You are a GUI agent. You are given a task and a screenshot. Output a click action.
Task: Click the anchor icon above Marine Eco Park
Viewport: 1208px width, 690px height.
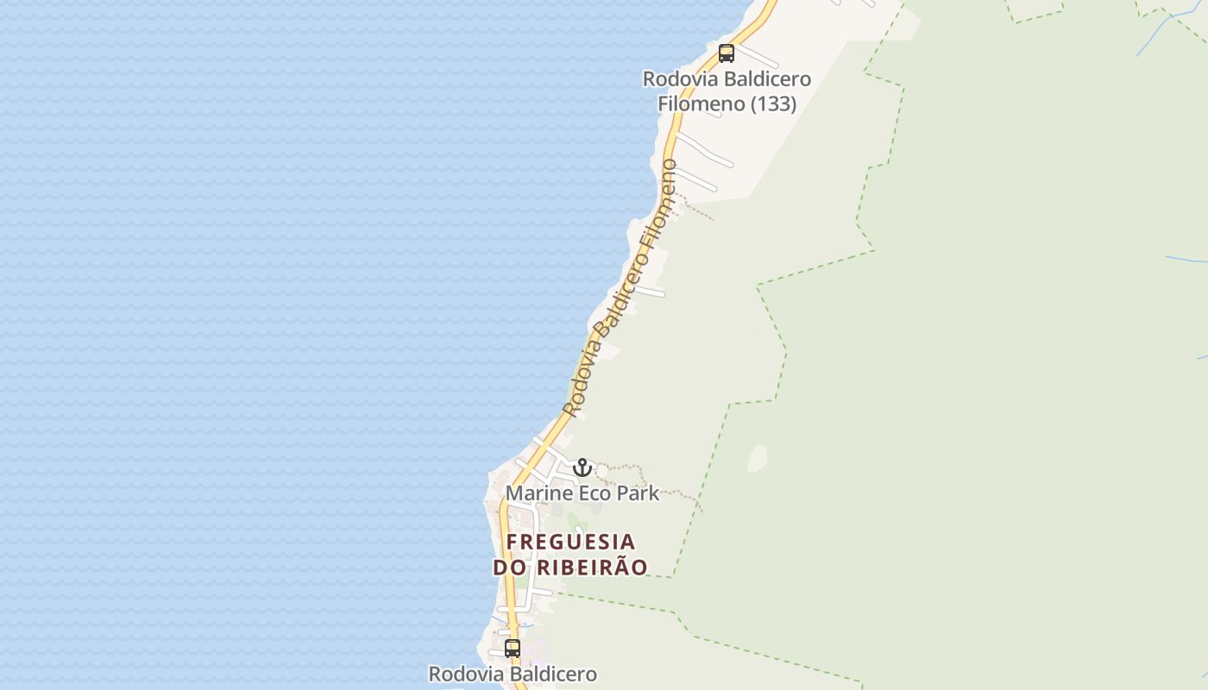click(582, 467)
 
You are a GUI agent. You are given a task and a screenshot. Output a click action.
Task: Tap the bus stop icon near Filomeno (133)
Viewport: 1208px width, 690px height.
click(727, 53)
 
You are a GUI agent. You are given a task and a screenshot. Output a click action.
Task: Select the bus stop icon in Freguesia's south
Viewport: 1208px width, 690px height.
click(513, 649)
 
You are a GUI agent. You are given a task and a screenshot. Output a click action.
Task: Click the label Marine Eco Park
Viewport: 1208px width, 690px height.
click(582, 493)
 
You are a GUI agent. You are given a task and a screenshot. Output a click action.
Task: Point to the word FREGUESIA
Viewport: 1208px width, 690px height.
click(571, 543)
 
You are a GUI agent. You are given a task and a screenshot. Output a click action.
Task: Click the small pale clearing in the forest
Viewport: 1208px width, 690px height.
click(757, 458)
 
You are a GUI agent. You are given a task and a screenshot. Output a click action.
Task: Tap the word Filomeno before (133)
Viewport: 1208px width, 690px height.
click(701, 103)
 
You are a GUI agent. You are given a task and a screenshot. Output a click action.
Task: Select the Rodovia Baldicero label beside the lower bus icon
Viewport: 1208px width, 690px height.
click(513, 674)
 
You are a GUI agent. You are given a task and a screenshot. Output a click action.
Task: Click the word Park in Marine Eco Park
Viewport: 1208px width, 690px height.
click(638, 493)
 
